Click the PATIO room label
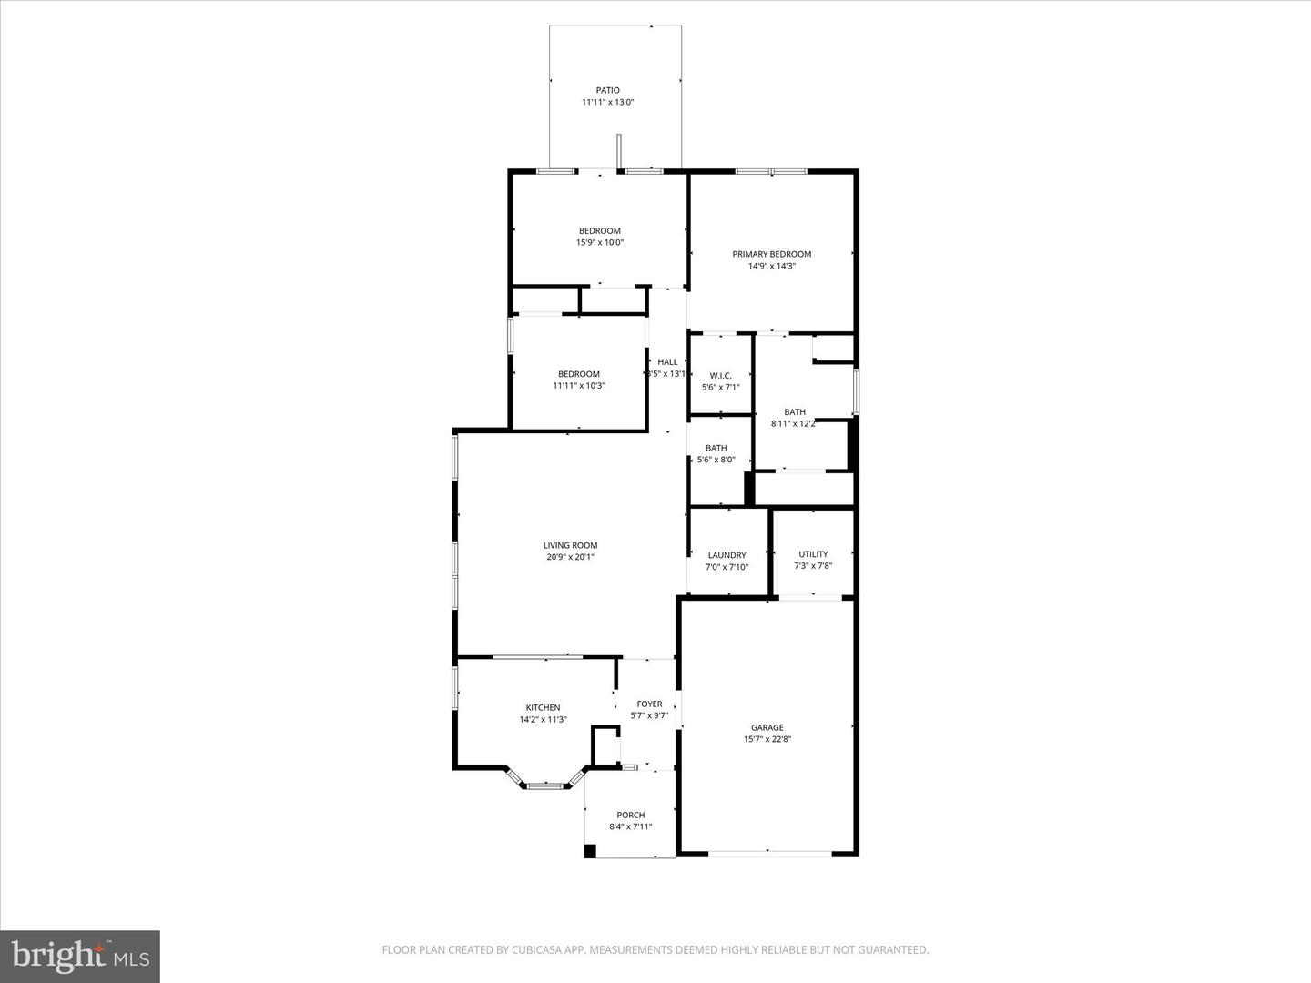[607, 90]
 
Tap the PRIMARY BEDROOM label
[771, 254]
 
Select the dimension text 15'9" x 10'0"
[599, 242]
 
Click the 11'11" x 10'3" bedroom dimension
[578, 386]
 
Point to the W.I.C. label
[720, 376]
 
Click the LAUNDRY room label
[727, 555]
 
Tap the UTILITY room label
[813, 554]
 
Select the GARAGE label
[767, 727]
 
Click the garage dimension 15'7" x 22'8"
[767, 739]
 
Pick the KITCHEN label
[543, 707]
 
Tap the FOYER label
[649, 704]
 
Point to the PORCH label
[630, 815]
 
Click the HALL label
[667, 362]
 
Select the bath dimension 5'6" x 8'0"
[716, 460]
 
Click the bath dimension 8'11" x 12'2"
[794, 423]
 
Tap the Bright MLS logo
[80, 956]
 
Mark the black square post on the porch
[590, 851]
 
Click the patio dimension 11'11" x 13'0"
[607, 103]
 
